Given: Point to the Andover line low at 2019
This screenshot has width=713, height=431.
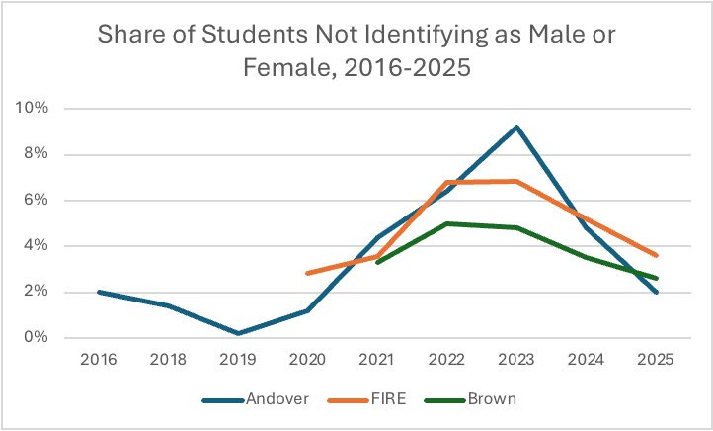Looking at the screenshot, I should pyautogui.click(x=238, y=333).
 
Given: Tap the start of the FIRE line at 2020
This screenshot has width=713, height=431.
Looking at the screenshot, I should pyautogui.click(x=307, y=273).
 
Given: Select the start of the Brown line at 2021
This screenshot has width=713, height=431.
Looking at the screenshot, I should pyautogui.click(x=377, y=262).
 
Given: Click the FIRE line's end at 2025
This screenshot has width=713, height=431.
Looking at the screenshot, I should pyautogui.click(x=657, y=255).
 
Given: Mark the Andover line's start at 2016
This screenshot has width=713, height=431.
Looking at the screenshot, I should pyautogui.click(x=99, y=292).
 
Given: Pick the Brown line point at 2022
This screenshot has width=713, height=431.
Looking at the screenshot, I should pyautogui.click(x=446, y=223).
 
